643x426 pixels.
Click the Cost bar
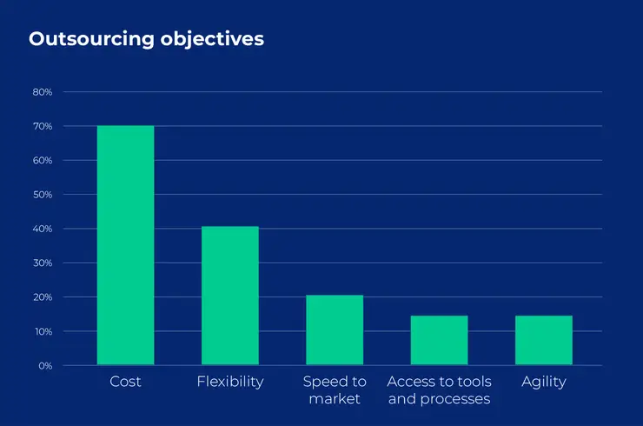click(125, 245)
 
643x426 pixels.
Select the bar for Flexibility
click(229, 296)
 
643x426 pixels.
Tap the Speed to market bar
click(335, 330)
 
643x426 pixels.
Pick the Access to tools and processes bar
click(439, 340)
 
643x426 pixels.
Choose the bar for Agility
click(543, 340)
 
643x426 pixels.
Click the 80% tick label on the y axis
click(43, 92)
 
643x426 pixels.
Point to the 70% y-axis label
click(43, 126)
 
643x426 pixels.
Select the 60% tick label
click(43, 161)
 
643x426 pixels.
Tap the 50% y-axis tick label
click(43, 195)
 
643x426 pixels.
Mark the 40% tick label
click(43, 229)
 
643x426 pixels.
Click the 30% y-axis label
click(43, 263)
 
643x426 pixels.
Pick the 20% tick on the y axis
click(43, 297)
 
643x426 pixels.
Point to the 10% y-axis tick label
click(43, 331)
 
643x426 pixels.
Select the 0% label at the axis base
click(45, 366)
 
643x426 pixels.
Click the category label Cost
click(125, 383)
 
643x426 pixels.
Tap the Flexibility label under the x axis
click(229, 383)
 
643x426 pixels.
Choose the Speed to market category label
click(335, 390)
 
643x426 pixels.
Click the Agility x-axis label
click(543, 383)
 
